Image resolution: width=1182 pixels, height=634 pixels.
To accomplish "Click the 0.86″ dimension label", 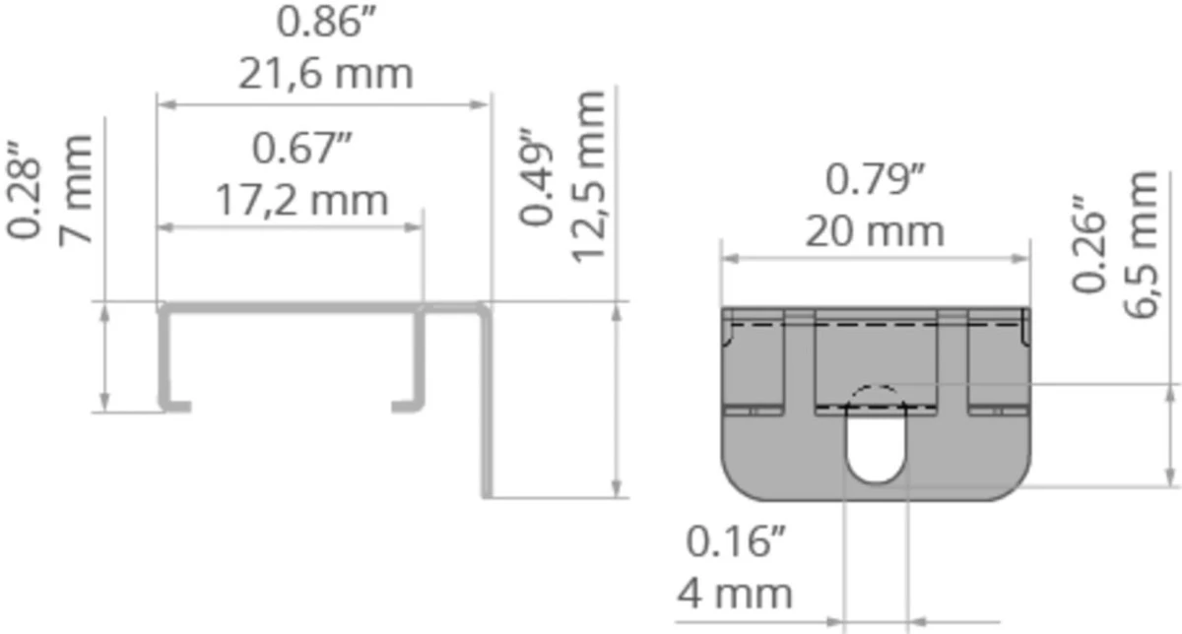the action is click(x=326, y=23).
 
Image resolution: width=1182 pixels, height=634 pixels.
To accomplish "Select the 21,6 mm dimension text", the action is click(x=326, y=75).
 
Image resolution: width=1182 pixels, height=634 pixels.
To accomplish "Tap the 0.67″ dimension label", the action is click(x=301, y=149).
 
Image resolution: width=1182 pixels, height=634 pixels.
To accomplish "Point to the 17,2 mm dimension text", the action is click(x=301, y=201).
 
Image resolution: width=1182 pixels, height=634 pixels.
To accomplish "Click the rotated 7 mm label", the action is click(x=75, y=191).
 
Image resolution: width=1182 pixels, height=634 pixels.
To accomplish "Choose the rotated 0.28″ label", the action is click(x=24, y=190).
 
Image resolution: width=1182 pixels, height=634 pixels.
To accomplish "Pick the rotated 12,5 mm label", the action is click(x=588, y=177).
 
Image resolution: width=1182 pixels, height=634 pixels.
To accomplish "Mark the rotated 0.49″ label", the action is click(x=536, y=176).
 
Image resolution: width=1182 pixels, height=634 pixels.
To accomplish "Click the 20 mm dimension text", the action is click(x=875, y=231).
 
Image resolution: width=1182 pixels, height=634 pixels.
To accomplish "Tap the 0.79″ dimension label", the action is click(x=875, y=180).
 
